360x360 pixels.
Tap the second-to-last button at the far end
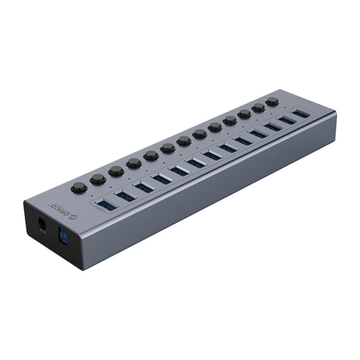point(259,108)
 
